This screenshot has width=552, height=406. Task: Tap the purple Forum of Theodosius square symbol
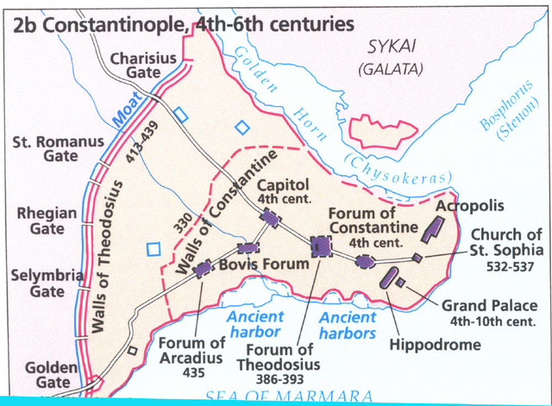(321, 247)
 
